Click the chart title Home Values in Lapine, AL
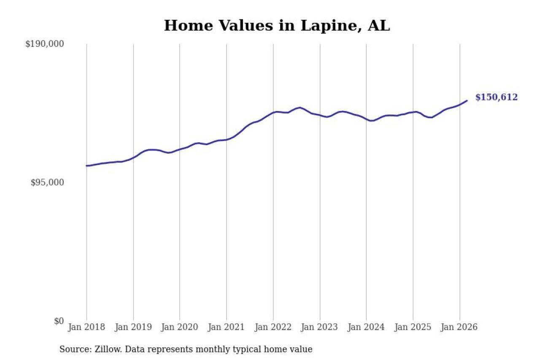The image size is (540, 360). (277, 26)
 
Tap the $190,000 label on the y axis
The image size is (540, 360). (44, 44)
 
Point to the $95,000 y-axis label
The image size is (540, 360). (47, 182)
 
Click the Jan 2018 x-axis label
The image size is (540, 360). (86, 327)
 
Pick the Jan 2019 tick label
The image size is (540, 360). (133, 327)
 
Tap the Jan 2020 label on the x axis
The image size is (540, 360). (180, 327)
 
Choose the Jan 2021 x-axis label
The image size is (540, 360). (227, 327)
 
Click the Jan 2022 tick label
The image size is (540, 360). (273, 327)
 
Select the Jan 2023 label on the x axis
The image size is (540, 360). (320, 327)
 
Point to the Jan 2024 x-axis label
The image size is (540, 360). (366, 327)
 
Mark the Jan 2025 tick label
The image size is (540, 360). (413, 327)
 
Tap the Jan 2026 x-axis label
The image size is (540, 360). (459, 327)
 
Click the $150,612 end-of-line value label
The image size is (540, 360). (496, 97)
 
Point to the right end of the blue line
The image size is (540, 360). (467, 100)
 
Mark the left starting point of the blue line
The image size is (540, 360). (86, 165)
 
